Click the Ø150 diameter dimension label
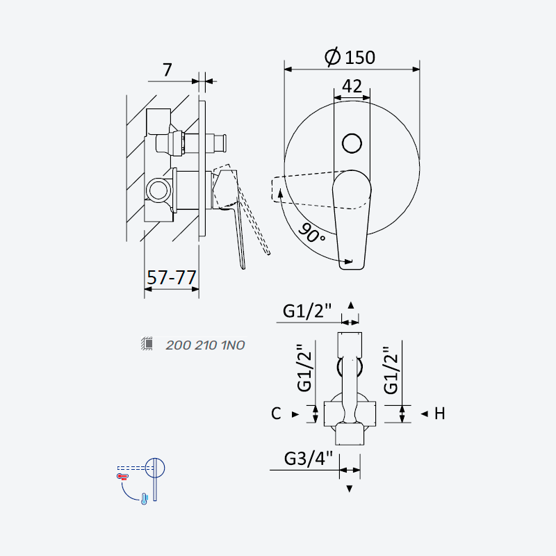(x=350, y=57)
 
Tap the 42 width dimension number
(x=352, y=86)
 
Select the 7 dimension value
(x=167, y=70)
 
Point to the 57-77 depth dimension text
(x=172, y=277)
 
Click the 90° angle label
(x=311, y=233)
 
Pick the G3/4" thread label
(x=309, y=459)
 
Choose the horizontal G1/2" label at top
(x=307, y=311)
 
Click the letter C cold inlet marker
(x=276, y=414)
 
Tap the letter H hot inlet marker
(x=440, y=414)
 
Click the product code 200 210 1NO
(x=205, y=345)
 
